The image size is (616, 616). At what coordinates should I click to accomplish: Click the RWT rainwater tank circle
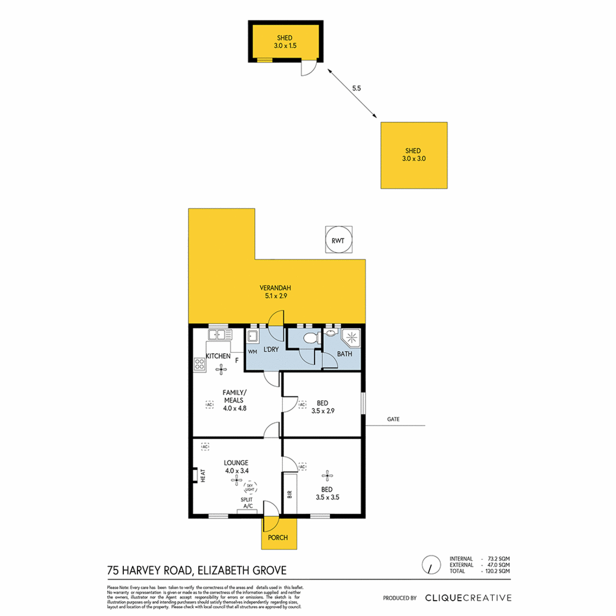click(x=338, y=240)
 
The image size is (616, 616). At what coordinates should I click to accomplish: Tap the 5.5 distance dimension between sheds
click(x=356, y=88)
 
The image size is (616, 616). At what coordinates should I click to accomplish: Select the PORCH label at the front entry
click(x=278, y=537)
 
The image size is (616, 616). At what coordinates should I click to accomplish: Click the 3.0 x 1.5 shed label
click(x=285, y=42)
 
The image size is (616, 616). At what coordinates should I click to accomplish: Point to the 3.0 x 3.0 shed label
click(x=413, y=155)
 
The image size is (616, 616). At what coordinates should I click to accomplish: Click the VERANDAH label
click(x=275, y=292)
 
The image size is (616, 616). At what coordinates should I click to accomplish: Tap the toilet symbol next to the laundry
click(x=310, y=338)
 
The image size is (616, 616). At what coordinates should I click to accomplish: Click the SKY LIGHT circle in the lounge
click(x=250, y=487)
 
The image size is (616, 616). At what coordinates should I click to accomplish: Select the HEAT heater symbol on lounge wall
click(x=196, y=475)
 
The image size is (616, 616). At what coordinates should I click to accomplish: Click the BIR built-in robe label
click(x=290, y=494)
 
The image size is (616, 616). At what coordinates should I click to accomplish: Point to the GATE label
click(x=393, y=419)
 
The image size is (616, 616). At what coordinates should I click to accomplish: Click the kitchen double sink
click(x=220, y=335)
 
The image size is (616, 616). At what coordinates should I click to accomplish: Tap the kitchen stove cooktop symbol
click(x=199, y=364)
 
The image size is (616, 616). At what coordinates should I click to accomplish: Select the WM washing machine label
click(x=252, y=352)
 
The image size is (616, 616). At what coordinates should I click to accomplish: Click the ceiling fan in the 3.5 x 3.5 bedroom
click(x=327, y=475)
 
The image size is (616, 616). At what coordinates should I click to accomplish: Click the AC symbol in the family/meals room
click(x=209, y=405)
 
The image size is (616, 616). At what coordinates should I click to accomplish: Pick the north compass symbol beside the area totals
click(x=431, y=565)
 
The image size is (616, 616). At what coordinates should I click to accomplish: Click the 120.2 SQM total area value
click(x=497, y=571)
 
